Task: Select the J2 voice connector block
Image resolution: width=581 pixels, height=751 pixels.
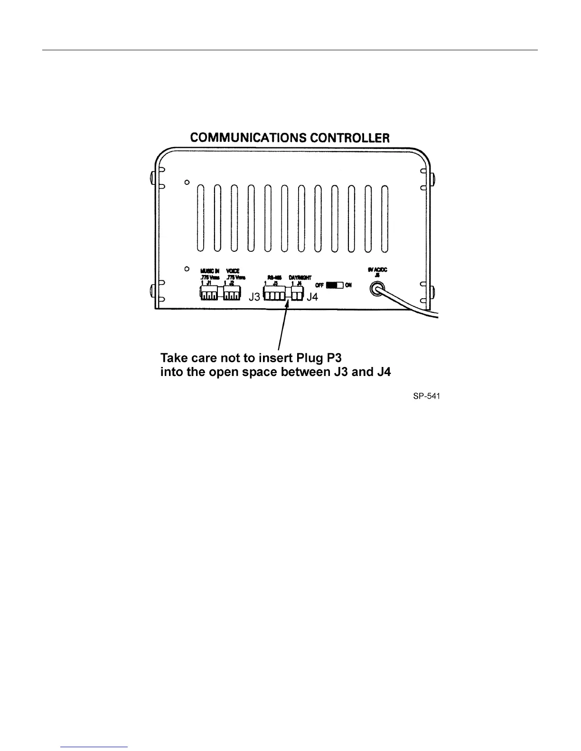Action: (232, 295)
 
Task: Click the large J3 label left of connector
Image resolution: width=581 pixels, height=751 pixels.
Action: (255, 297)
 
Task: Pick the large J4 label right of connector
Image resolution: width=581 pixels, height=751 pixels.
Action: (312, 297)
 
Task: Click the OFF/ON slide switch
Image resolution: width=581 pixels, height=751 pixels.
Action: (335, 285)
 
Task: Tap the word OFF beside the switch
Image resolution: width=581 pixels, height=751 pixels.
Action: (320, 285)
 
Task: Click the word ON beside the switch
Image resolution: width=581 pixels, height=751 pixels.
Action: (348, 285)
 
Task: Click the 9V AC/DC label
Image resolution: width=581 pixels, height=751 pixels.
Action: (378, 269)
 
